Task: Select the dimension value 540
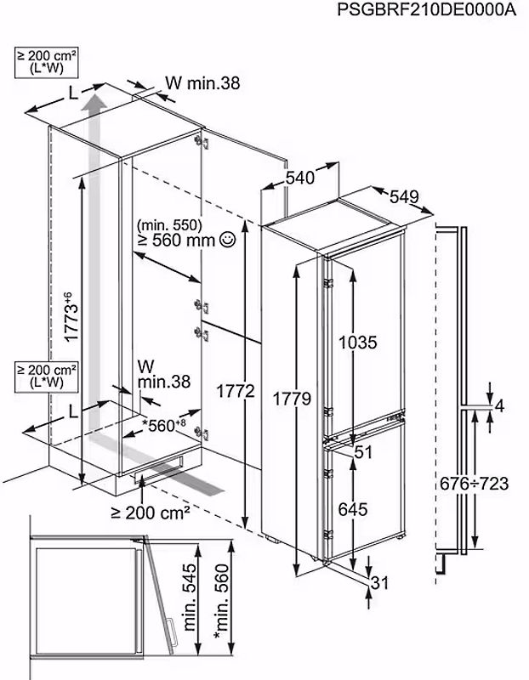click(300, 178)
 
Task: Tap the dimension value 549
click(404, 197)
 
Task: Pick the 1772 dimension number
click(235, 392)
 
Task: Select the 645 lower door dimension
click(352, 510)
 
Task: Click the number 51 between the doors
click(364, 453)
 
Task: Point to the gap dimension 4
click(499, 406)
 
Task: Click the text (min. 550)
click(167, 225)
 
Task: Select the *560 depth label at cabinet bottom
click(165, 424)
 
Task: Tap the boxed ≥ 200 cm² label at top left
click(47, 59)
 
